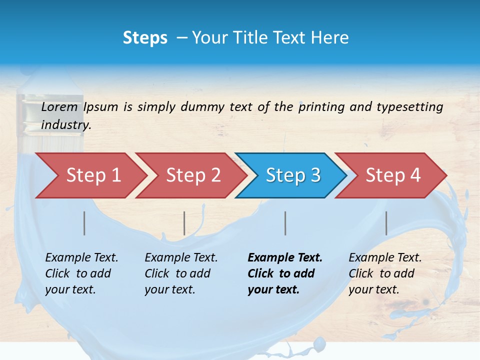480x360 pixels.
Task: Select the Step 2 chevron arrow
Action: [x=193, y=175]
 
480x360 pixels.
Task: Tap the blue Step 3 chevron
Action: [x=293, y=175]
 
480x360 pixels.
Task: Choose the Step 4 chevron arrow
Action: [x=393, y=175]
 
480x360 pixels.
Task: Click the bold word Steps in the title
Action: [x=145, y=38]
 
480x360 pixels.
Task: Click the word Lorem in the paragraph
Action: [x=59, y=107]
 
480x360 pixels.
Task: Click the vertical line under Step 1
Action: [x=84, y=223]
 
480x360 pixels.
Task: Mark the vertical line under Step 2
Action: [x=184, y=223]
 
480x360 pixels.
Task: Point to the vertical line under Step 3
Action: [x=285, y=223]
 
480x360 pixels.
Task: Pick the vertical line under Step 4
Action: [x=386, y=223]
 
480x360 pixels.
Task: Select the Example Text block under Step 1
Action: [x=81, y=273]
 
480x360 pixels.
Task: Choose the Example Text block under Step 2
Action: [x=181, y=273]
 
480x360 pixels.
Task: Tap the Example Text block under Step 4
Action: [x=385, y=273]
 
